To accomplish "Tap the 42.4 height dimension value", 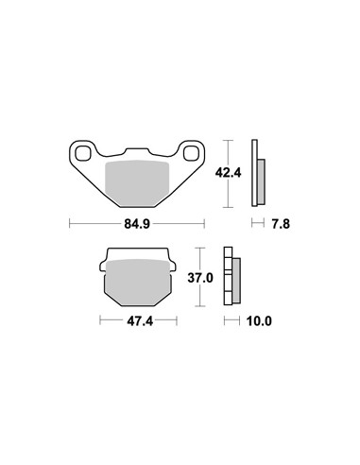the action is [x=228, y=173].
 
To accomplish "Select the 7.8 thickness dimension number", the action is [x=281, y=224].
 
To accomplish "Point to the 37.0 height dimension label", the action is [x=200, y=278].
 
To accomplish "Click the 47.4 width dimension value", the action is [x=140, y=321].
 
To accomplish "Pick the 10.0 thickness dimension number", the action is [x=259, y=321].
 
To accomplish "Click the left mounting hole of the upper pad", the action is [x=83, y=153].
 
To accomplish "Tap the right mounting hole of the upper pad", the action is [x=191, y=153].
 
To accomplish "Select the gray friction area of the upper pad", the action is [x=137, y=183].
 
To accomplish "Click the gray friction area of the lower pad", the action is [x=138, y=282].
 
